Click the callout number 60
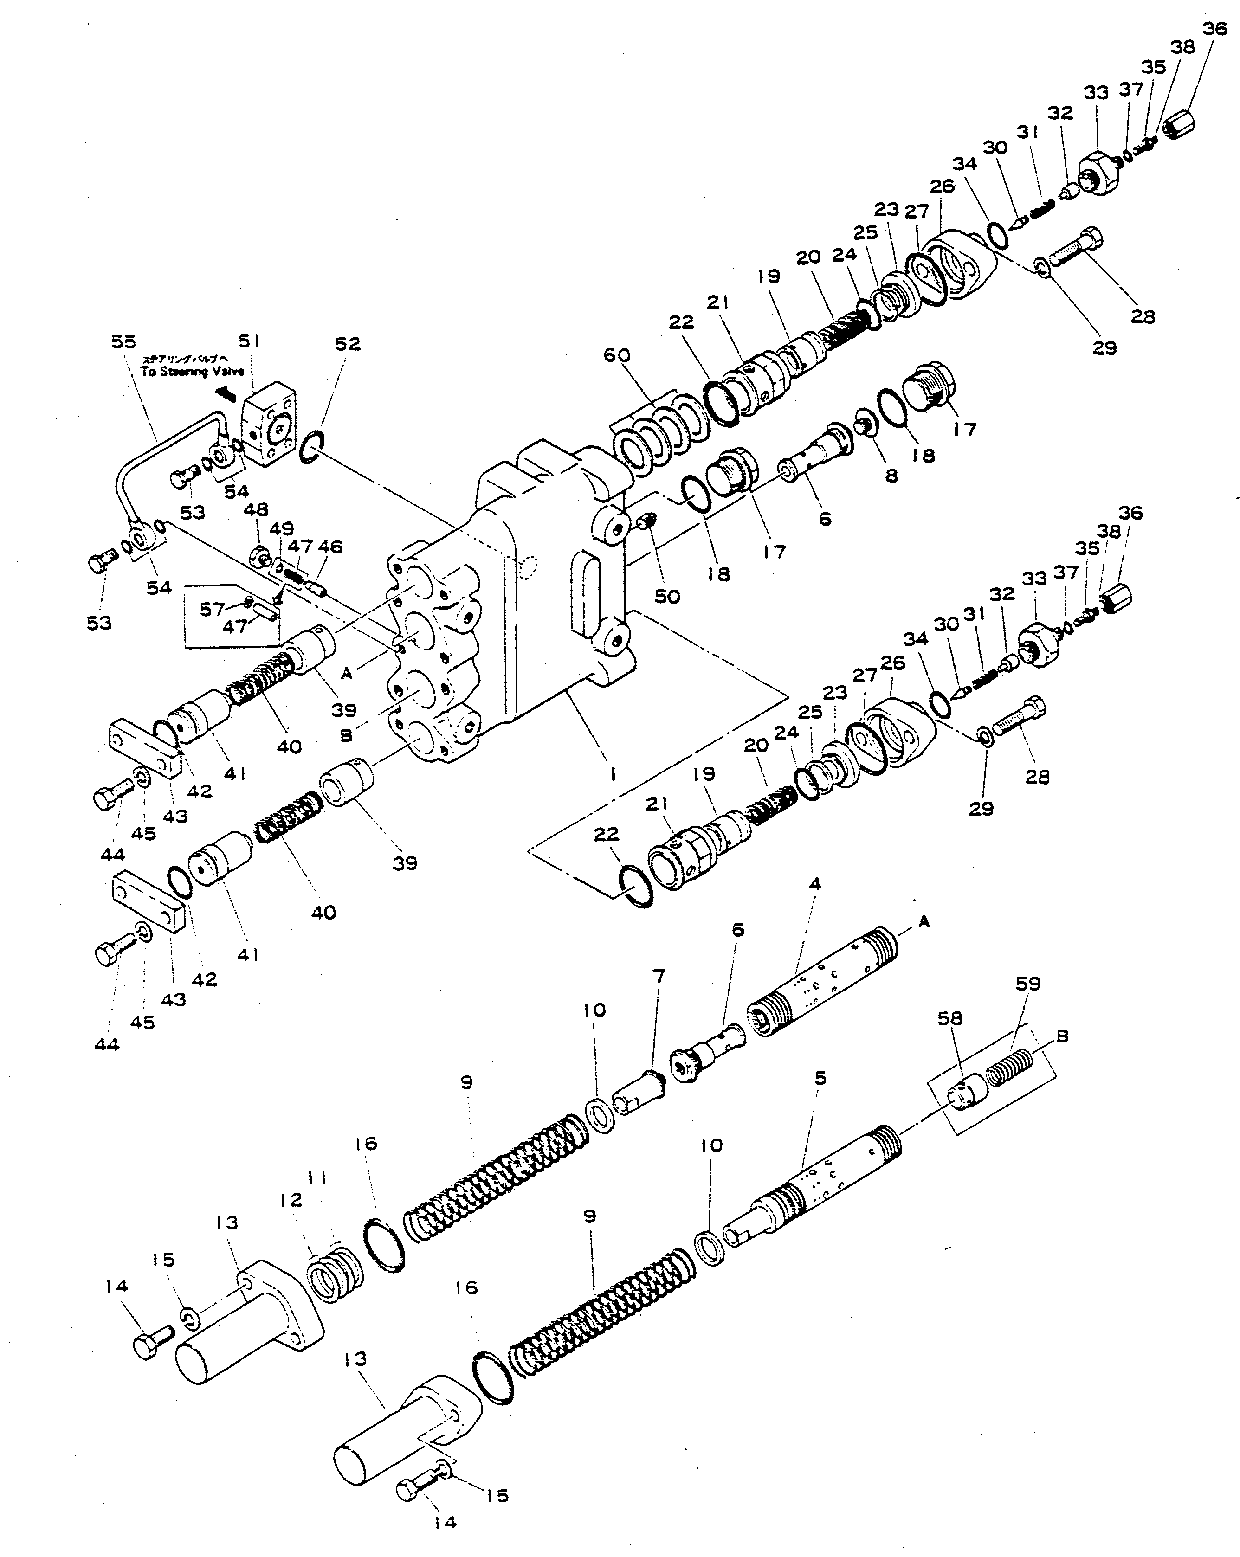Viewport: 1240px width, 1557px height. (618, 355)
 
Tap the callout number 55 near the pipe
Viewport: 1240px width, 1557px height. (123, 341)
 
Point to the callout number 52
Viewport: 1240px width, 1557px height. (348, 344)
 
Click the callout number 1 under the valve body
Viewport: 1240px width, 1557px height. (613, 774)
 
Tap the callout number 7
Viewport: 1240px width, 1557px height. (658, 977)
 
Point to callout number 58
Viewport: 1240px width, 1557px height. (949, 1018)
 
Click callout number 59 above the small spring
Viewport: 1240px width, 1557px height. (1027, 984)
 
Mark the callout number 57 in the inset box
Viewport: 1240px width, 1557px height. (212, 610)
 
